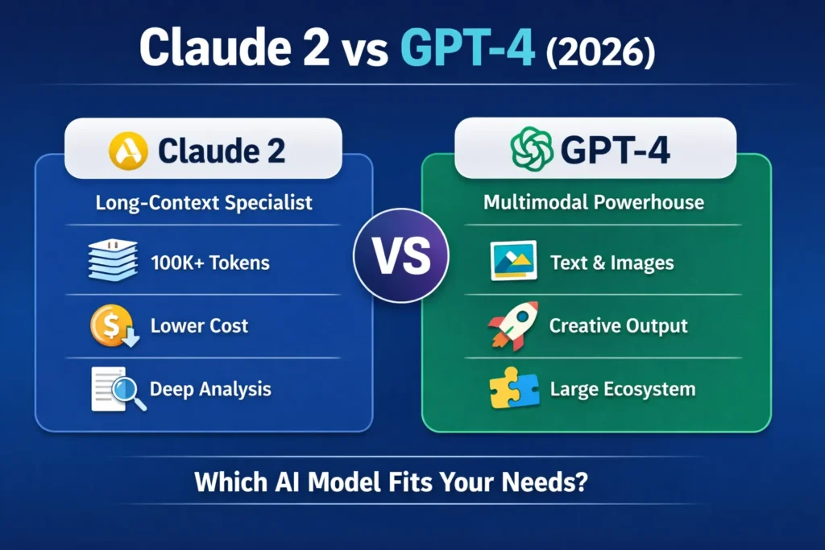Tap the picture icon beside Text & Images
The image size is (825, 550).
(x=513, y=263)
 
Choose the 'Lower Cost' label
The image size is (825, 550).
(x=199, y=326)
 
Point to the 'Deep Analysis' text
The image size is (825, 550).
(x=211, y=390)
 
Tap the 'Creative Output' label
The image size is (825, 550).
(x=618, y=326)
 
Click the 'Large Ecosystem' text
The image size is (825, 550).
(x=622, y=390)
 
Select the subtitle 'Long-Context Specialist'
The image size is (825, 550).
(x=204, y=201)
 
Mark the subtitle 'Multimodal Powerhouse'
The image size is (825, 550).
(x=594, y=201)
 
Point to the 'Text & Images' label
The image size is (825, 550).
(x=611, y=263)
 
